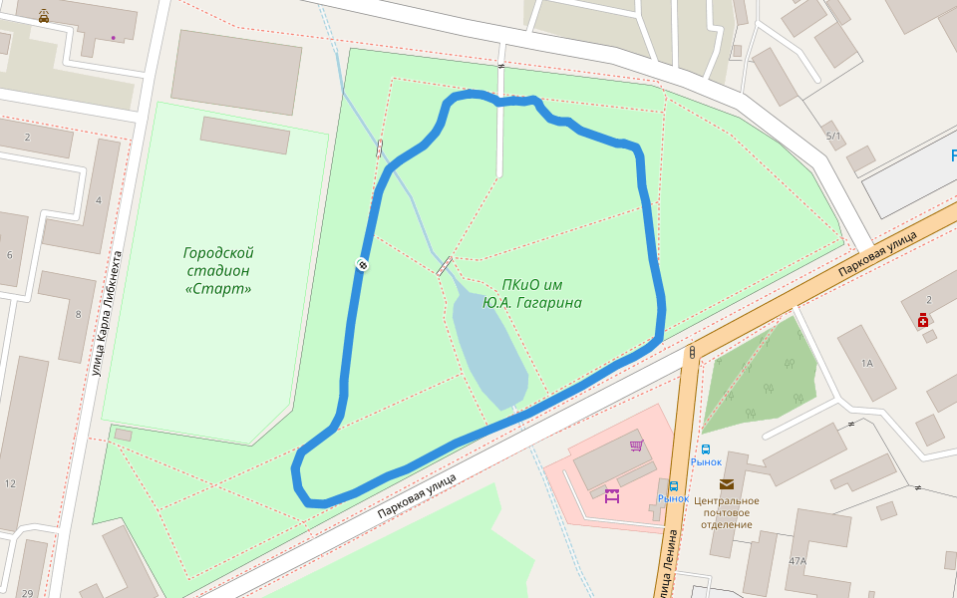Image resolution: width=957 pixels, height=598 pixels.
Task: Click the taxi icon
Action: (x=43, y=17)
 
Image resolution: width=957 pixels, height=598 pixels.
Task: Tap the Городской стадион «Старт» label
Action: (x=218, y=270)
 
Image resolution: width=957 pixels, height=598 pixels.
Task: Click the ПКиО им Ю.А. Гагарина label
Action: (x=531, y=293)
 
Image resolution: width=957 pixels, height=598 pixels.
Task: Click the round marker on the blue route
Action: (x=363, y=264)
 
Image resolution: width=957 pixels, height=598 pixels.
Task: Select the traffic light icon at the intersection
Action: (x=691, y=352)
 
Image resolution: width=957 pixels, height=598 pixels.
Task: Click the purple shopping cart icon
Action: (x=636, y=446)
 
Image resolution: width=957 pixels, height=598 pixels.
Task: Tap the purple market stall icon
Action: (x=611, y=495)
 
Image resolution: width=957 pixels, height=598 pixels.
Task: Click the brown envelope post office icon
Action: (x=726, y=484)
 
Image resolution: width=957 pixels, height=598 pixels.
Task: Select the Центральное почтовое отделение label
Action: (x=726, y=512)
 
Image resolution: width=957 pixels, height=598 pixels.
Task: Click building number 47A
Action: (x=797, y=561)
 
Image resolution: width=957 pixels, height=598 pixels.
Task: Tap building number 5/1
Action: (x=833, y=136)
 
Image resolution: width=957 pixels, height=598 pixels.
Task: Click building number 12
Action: (x=10, y=483)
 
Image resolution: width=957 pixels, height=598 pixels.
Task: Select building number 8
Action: (x=78, y=315)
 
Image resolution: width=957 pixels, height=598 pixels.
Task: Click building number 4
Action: (x=98, y=200)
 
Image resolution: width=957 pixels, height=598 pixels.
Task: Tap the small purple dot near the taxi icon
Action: (x=113, y=38)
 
